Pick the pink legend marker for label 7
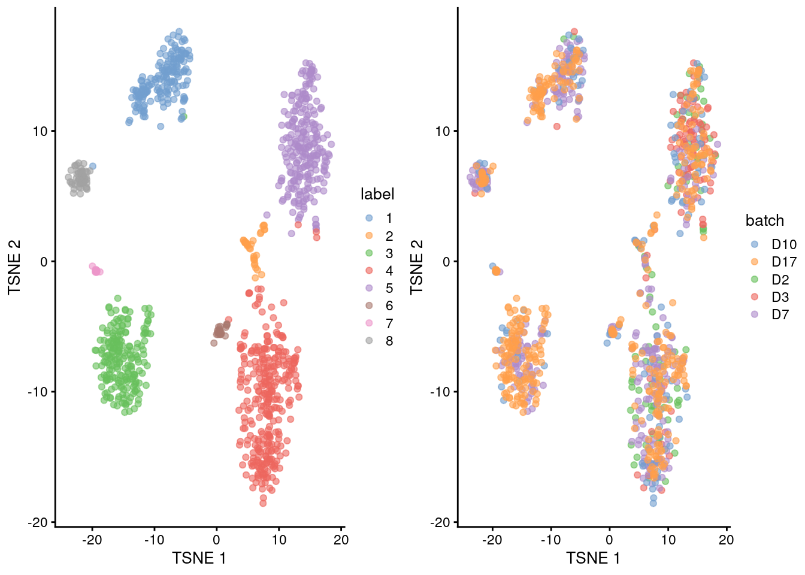pos(369,323)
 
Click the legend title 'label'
pos(377,194)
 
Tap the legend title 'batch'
pos(764,220)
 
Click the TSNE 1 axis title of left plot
pos(199,558)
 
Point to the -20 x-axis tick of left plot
pos(92,540)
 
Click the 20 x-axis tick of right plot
pos(726,540)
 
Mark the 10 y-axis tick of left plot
pos(40,131)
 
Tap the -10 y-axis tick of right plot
pos(442,392)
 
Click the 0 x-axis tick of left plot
pos(216,540)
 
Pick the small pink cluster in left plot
pos(96,270)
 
